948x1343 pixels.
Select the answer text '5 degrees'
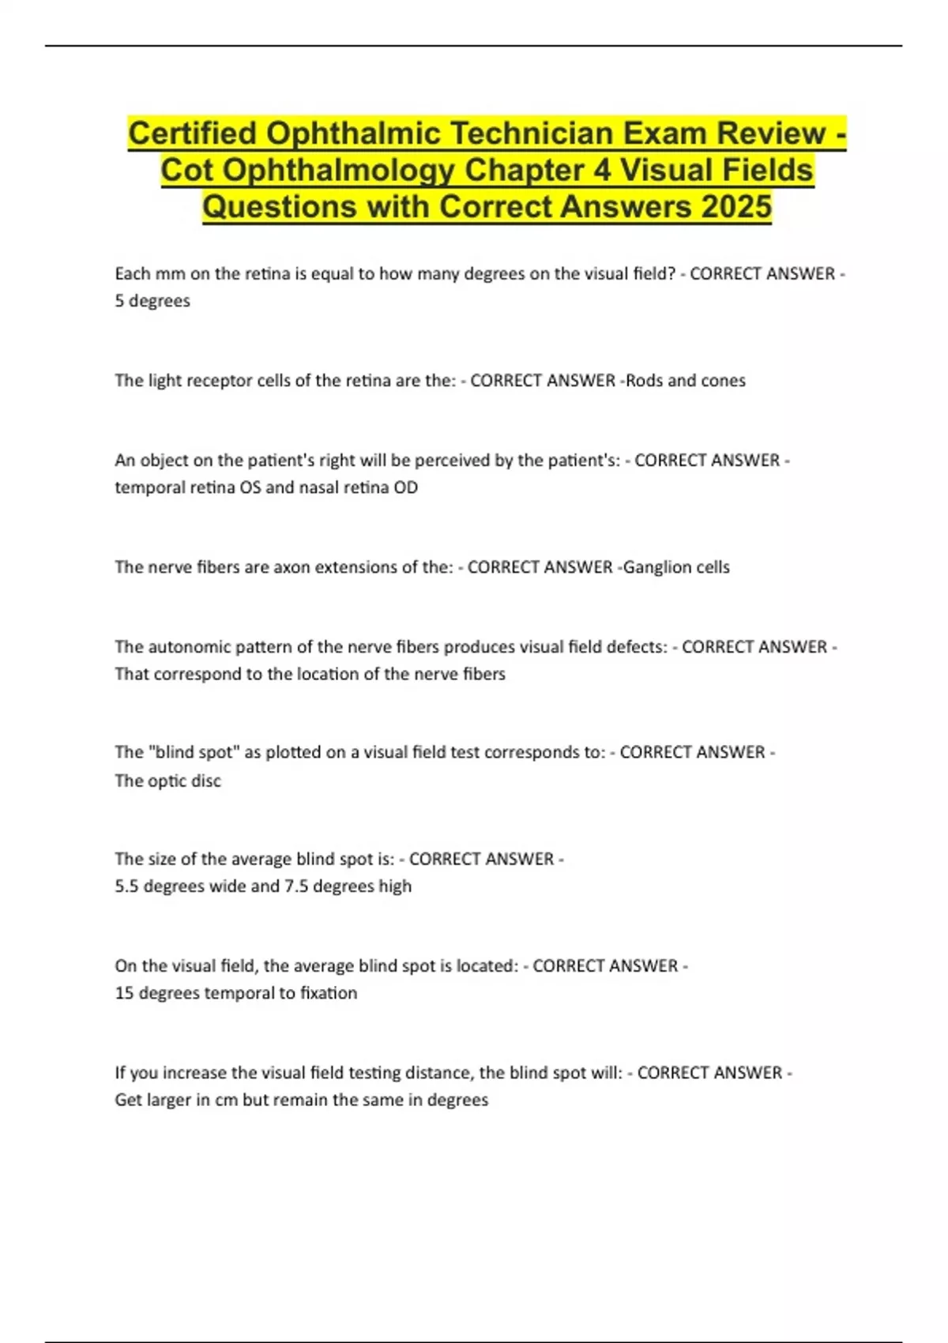(152, 301)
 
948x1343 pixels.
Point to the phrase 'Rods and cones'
(686, 381)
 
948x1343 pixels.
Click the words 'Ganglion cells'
(676, 567)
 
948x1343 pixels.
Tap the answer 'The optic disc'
(167, 781)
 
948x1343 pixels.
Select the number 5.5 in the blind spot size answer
(126, 886)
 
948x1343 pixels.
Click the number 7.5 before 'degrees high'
(296, 886)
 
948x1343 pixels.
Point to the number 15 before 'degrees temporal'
(124, 993)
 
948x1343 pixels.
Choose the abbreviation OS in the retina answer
(250, 487)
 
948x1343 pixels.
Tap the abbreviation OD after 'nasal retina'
(405, 487)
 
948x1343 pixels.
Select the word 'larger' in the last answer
(168, 1100)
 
